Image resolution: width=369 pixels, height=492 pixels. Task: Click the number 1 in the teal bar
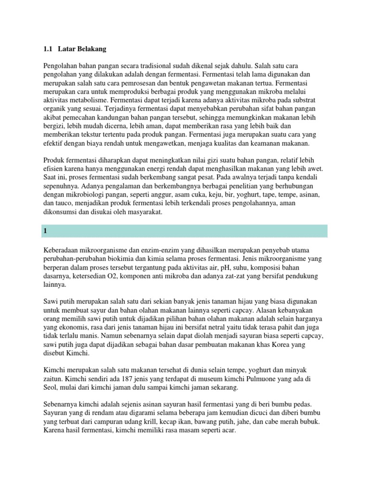click(x=45, y=231)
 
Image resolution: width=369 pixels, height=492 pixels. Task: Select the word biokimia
click(x=130, y=259)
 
